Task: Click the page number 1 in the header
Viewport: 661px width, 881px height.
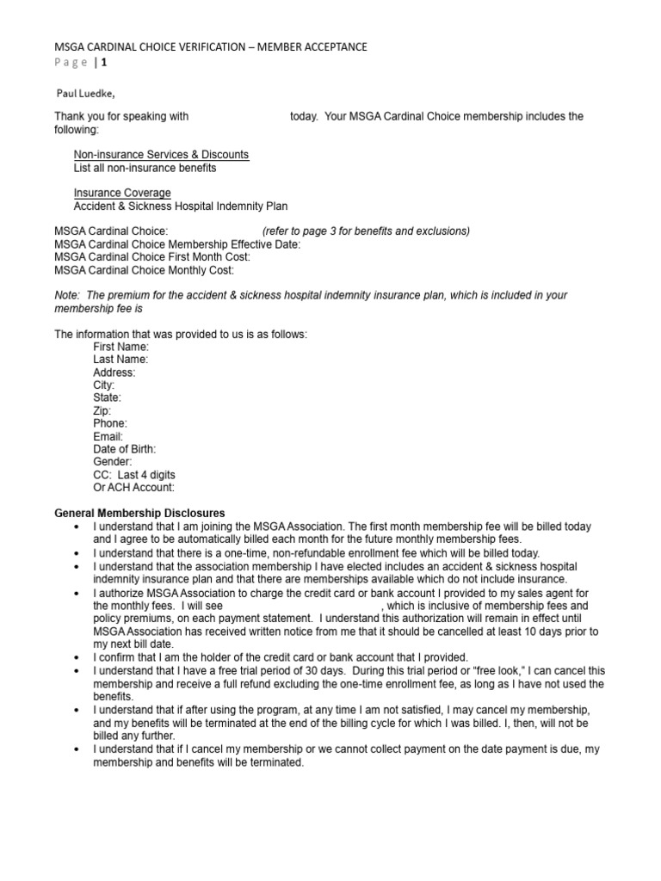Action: point(106,62)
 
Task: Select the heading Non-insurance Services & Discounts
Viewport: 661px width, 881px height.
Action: point(161,155)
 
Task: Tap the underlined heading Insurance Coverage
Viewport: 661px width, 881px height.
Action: point(122,193)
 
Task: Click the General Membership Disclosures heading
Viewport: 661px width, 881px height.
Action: point(140,513)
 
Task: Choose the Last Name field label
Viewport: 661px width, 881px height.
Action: point(120,360)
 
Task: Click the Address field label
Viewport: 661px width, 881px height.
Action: point(114,373)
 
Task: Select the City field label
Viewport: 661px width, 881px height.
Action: point(103,385)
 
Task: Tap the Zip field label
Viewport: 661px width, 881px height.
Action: point(102,411)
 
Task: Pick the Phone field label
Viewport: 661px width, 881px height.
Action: point(110,423)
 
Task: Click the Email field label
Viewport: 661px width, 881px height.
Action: point(108,436)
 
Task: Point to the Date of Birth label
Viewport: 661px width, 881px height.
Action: point(125,449)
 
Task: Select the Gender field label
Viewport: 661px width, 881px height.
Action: point(113,462)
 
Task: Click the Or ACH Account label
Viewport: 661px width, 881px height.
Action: point(133,488)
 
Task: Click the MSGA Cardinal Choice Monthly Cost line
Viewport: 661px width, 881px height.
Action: point(144,269)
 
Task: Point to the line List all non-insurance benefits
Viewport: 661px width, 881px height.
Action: point(145,168)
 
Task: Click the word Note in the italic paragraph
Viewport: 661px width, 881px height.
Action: point(66,295)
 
